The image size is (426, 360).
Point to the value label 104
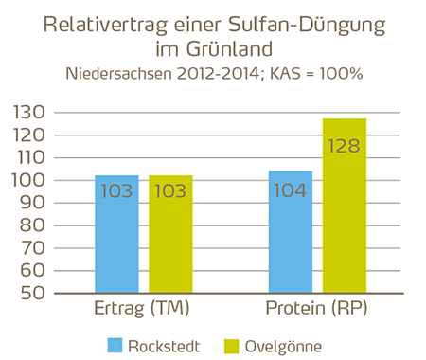[x=290, y=190]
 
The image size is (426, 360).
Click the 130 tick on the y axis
[x=32, y=114]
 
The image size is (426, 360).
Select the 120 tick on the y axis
[x=32, y=136]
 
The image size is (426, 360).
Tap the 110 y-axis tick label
[x=32, y=158]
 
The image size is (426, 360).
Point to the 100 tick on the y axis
[x=32, y=181]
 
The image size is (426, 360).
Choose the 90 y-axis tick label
[x=36, y=204]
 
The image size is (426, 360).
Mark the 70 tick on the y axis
[x=36, y=248]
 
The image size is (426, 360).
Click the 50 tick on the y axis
[x=36, y=293]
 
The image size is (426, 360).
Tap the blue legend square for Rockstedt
[x=116, y=343]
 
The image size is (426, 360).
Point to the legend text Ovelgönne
[x=283, y=343]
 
